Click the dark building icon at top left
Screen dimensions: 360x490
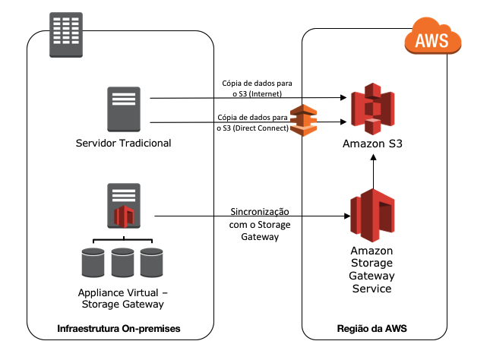click(66, 34)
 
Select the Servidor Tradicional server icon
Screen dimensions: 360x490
click(123, 109)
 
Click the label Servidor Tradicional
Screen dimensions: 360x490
click(124, 144)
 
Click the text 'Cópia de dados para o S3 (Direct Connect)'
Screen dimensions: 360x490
click(252, 122)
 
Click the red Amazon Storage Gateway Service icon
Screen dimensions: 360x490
click(372, 214)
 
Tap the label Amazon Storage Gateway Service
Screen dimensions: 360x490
click(371, 270)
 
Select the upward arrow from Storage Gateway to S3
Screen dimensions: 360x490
click(372, 170)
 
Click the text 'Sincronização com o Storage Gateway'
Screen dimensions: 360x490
click(260, 224)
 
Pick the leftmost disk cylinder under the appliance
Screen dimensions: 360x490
click(93, 262)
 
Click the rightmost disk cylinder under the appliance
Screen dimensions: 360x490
click(151, 262)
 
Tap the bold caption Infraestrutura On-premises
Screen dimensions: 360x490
click(122, 329)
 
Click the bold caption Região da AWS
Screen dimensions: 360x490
click(371, 329)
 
